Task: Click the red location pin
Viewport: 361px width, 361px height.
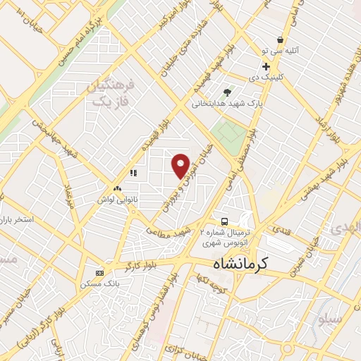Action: coord(180,164)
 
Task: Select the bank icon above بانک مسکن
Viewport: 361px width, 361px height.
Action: coord(99,274)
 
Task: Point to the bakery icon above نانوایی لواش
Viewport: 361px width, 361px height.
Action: coord(117,188)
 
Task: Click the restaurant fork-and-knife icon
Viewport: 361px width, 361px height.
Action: coord(132,173)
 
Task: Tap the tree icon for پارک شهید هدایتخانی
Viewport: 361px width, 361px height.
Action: coord(227,92)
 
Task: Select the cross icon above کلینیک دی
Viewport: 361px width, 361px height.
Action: coord(266,66)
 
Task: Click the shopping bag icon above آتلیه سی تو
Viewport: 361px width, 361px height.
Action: coord(281,40)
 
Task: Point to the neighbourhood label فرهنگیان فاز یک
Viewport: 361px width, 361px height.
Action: coord(109,92)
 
